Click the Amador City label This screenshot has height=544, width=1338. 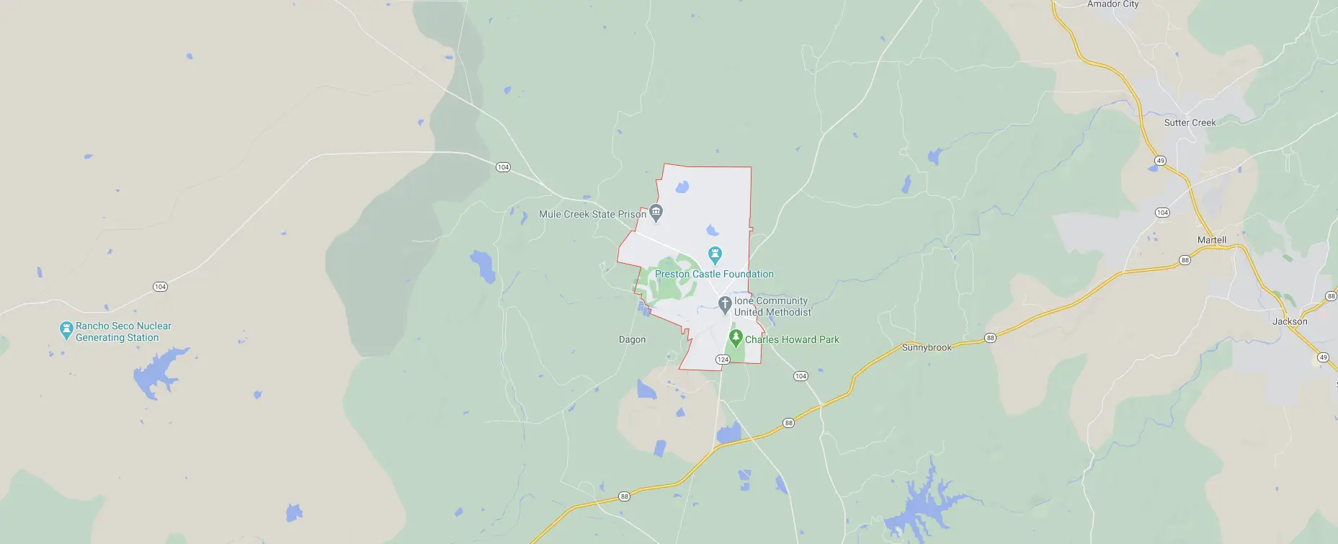coord(1112,4)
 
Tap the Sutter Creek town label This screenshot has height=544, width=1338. coord(1190,122)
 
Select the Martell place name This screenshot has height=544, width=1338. coord(1211,240)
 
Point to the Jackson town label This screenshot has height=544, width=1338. coord(1289,321)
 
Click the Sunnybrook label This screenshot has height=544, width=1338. coord(927,347)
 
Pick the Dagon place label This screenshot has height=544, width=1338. coord(632,339)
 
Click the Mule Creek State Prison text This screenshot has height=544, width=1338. coord(592,214)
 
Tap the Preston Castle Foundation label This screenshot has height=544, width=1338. coord(714,274)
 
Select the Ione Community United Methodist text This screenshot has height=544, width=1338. coord(772,306)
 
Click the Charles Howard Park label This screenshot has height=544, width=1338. coord(792,339)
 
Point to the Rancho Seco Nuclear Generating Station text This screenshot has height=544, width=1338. coord(123,331)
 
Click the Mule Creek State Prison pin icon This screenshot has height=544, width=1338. coord(656,213)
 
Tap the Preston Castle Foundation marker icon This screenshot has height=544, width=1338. coord(715,254)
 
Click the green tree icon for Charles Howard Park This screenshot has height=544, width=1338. coord(736,338)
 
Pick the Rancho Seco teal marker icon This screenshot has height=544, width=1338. coord(66,331)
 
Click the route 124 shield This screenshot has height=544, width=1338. coord(723,359)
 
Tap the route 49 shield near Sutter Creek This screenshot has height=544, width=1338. coord(1160,161)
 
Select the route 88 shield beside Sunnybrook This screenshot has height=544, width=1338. coord(991,338)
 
